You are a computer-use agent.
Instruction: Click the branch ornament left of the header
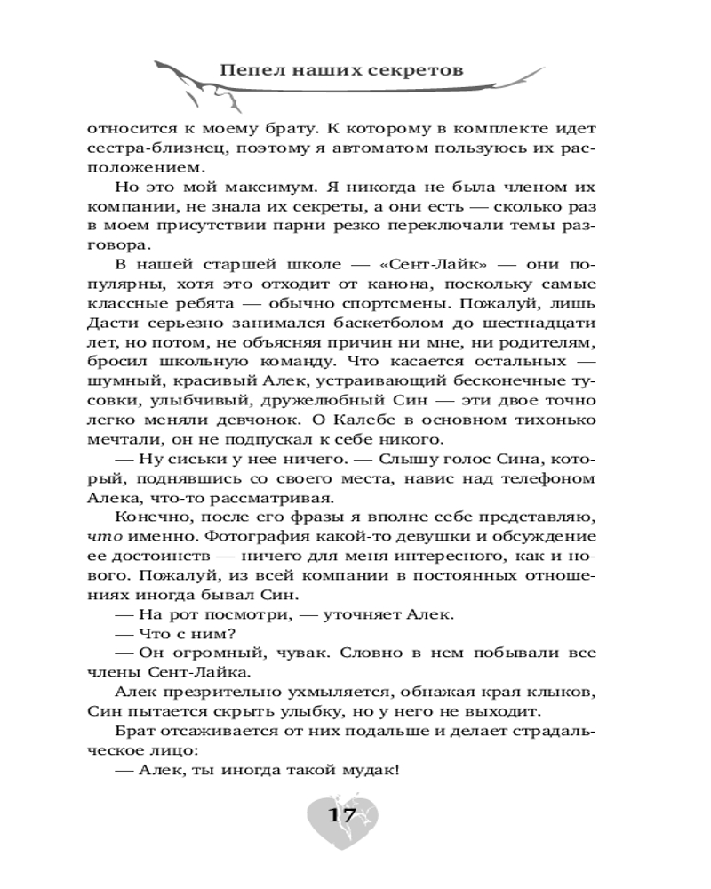point(182,77)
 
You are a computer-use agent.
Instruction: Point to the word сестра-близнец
point(142,148)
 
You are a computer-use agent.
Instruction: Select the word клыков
point(565,693)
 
